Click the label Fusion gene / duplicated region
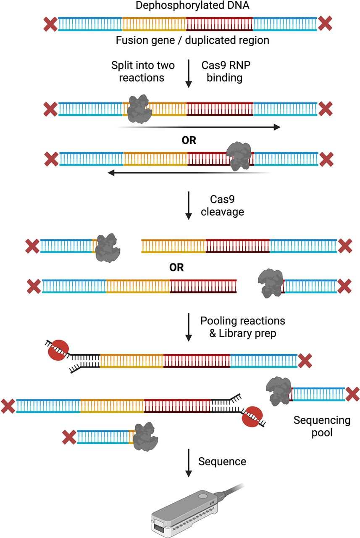[x=189, y=41]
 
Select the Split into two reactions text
[x=143, y=71]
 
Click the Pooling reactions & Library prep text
[x=242, y=327]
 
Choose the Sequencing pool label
[x=322, y=426]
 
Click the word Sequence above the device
[x=222, y=462]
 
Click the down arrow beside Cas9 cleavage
[x=189, y=205]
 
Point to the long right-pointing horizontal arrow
[x=197, y=127]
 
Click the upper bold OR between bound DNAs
[x=189, y=140]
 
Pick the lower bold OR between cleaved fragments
[x=176, y=268]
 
